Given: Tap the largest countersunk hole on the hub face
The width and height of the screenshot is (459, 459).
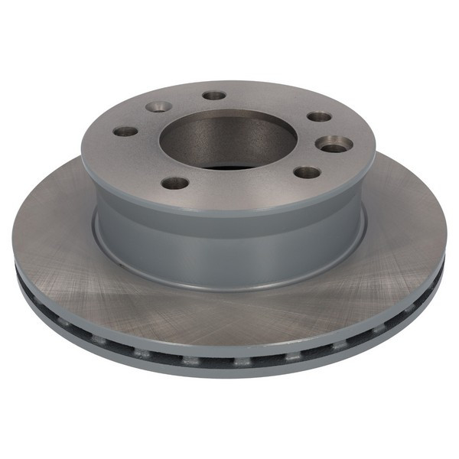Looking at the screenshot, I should point(334,143).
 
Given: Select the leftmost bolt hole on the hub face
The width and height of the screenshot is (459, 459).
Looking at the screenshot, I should point(125,132).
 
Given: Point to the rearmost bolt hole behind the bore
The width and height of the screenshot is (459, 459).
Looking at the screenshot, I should point(215,96).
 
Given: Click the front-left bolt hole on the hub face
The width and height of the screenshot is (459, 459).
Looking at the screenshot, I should point(175,184).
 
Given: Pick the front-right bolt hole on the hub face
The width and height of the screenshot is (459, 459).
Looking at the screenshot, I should point(306,172).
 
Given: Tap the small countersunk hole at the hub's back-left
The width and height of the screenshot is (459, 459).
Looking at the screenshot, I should point(158,107).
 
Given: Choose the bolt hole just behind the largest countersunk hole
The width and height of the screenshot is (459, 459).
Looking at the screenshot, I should point(319,117).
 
